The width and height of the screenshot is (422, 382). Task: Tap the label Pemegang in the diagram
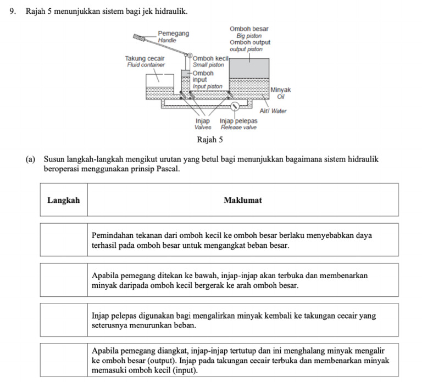pos(173,34)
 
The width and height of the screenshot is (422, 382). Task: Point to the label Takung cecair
pos(145,58)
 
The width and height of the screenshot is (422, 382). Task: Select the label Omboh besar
pos(249,29)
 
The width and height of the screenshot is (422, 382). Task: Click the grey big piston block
pos(248,68)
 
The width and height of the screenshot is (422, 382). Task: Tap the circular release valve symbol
pos(235,106)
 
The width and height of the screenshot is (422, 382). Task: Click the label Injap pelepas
pos(238,121)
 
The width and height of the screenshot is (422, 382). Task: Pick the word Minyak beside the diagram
pos(281,90)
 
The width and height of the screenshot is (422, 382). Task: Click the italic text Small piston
pos(208,65)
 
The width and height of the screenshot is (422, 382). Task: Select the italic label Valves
pos(203,127)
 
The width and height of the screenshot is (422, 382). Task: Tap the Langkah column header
pos(63,200)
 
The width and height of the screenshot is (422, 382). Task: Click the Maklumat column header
pos(242,200)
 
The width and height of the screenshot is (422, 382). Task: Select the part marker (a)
pos(31,159)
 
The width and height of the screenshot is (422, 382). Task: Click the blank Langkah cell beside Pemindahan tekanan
pos(63,240)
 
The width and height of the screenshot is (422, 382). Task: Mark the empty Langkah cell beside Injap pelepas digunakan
pos(63,320)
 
